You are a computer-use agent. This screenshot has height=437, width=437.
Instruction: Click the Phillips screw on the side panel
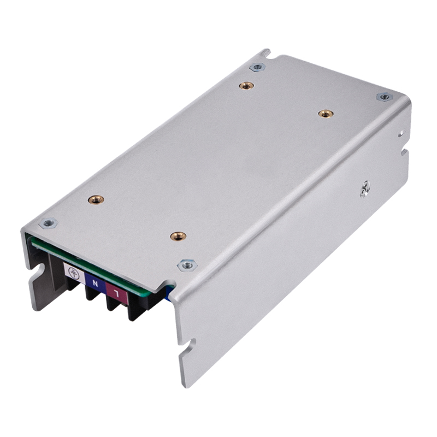pos(364,189)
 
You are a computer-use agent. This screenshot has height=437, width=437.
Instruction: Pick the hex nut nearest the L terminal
pos(187,265)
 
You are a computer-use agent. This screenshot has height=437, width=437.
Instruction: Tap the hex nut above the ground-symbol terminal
pos(48,223)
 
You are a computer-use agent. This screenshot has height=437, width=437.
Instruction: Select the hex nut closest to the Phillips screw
pos(385,97)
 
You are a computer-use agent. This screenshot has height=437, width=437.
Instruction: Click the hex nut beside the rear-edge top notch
pos(256,67)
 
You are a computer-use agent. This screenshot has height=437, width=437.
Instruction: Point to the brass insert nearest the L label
pos(178,236)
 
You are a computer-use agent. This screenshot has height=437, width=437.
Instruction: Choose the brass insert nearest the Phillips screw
pos(326,113)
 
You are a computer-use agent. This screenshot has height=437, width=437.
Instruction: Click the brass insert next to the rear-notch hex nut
pos(246,86)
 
